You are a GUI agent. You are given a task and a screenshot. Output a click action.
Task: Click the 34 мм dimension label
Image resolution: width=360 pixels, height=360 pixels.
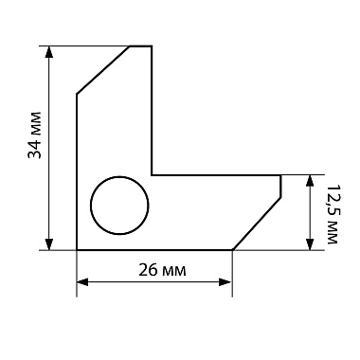[35, 135]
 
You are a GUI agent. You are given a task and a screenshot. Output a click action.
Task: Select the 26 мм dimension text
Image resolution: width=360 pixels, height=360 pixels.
[162, 270]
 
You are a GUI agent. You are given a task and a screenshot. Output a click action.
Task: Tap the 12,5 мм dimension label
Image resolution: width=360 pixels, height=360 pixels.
[332, 214]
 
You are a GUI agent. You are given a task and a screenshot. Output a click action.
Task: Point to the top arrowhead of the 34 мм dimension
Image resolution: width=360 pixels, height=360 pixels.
[48, 52]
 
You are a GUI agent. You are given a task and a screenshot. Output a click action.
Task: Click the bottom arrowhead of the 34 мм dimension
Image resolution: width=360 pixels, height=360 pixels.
[48, 244]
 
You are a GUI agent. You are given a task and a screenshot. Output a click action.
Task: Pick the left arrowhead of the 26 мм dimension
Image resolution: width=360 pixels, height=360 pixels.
[82, 282]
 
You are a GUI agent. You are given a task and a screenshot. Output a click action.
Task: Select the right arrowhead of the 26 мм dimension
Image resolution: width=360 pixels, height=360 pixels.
[225, 282]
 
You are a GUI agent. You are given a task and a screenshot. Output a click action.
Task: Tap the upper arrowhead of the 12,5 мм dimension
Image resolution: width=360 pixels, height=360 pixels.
[310, 181]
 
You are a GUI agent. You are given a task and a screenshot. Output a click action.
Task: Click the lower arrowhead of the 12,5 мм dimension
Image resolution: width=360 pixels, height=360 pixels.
[310, 244]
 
